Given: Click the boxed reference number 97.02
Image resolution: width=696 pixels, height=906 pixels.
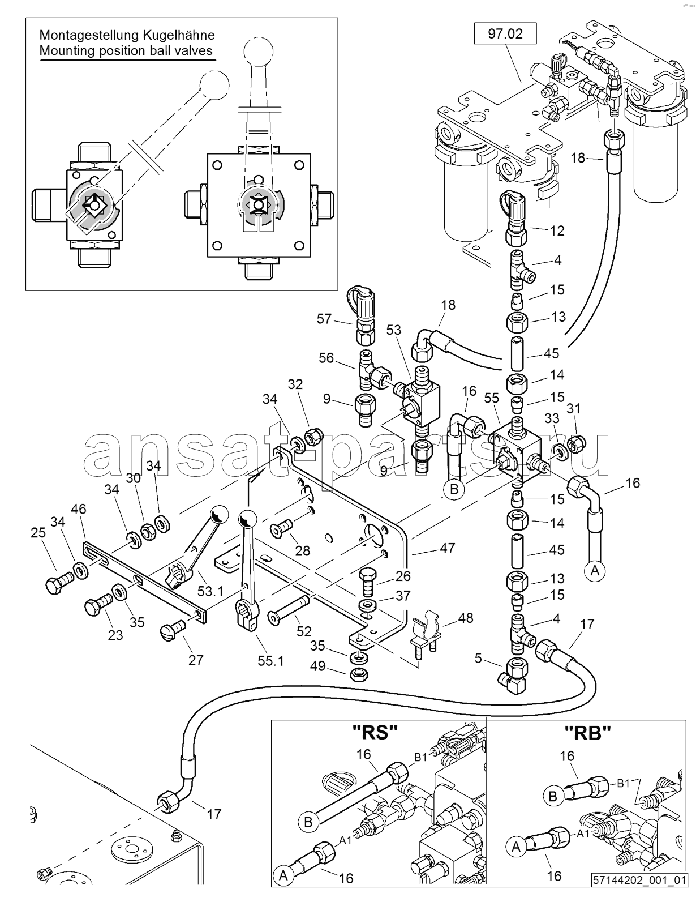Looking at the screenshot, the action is pyautogui.click(x=505, y=34).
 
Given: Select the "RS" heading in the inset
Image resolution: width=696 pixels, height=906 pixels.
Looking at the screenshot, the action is pyautogui.click(x=375, y=732).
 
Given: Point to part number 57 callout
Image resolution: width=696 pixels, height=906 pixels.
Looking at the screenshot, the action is pyautogui.click(x=324, y=319).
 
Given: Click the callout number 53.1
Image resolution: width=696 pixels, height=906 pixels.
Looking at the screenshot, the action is pyautogui.click(x=210, y=591).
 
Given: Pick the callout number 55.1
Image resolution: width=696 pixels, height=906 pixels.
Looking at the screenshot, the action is pyautogui.click(x=270, y=661).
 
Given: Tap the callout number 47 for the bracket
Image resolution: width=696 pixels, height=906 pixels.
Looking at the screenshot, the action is pyautogui.click(x=448, y=548).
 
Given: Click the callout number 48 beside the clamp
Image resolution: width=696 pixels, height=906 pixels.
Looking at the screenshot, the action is pyautogui.click(x=466, y=617).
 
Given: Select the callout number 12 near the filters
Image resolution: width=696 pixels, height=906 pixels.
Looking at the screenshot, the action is pyautogui.click(x=557, y=230).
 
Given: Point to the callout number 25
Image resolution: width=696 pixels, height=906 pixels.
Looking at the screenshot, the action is pyautogui.click(x=38, y=532).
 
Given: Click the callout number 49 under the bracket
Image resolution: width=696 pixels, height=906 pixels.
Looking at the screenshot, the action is pyautogui.click(x=318, y=666).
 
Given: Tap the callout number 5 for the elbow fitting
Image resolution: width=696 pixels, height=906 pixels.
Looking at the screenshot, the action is pyautogui.click(x=478, y=658).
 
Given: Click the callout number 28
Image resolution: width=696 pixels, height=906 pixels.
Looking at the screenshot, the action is pyautogui.click(x=302, y=551).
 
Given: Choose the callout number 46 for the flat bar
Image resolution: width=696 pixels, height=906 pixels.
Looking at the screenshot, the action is pyautogui.click(x=79, y=509).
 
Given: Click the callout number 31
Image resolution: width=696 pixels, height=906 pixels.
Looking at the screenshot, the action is pyautogui.click(x=574, y=409).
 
